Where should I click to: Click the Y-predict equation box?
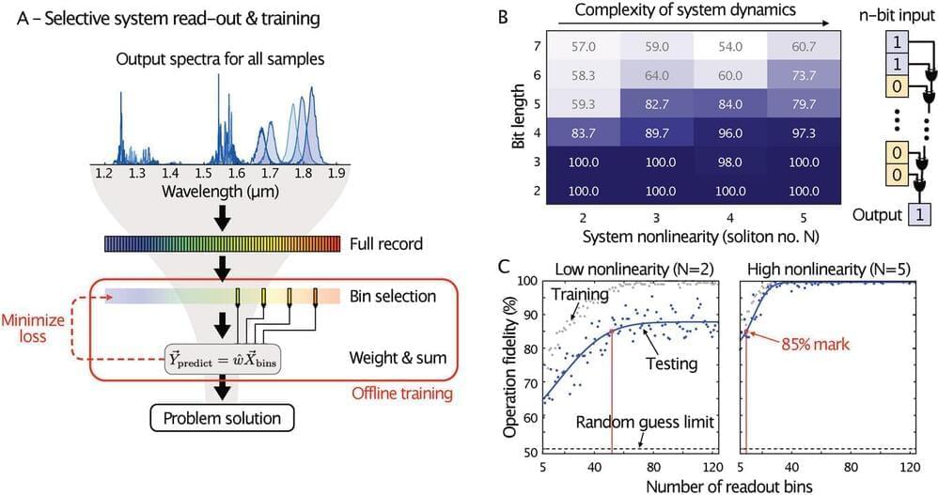pyautogui.click(x=224, y=358)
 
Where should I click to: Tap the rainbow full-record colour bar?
pyautogui.click(x=223, y=244)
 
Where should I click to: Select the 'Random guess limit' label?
pyautogui.click(x=646, y=422)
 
